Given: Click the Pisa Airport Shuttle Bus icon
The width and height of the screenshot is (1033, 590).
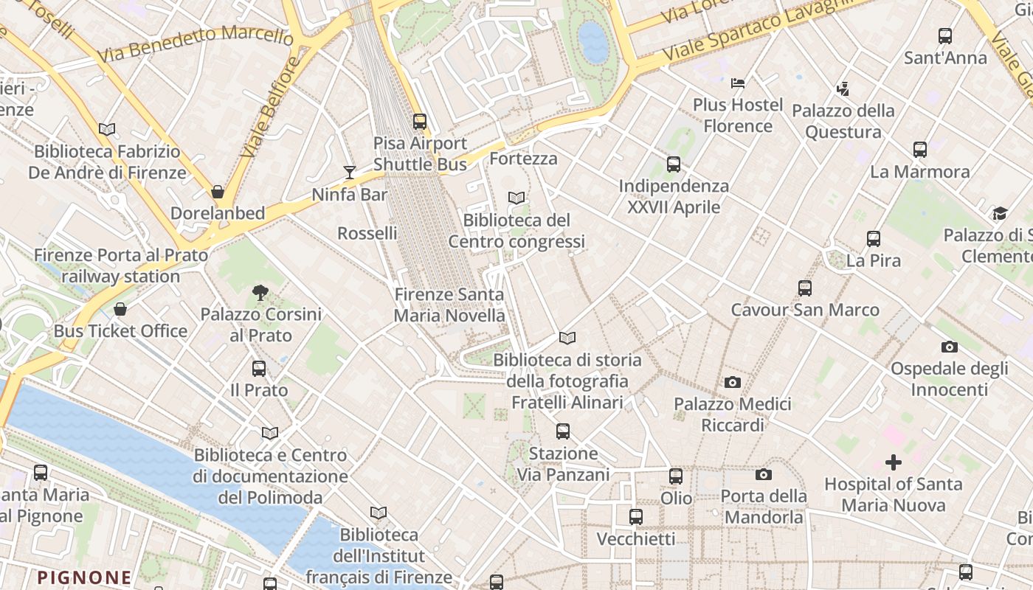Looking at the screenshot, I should tap(420, 121).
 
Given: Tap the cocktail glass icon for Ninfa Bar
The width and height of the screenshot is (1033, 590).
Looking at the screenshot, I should tap(350, 172).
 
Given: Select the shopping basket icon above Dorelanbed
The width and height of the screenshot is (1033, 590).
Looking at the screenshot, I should tap(218, 192).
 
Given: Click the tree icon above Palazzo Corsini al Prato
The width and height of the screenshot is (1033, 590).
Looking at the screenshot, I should tap(260, 293).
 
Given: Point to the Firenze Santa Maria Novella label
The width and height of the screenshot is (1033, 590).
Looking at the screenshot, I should tap(449, 305).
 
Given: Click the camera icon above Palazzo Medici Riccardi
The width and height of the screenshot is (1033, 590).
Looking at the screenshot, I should tap(732, 382).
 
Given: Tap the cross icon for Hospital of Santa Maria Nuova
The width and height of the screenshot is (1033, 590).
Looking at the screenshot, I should tap(894, 462).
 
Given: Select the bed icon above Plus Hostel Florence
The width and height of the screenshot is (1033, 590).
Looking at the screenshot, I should tap(738, 83).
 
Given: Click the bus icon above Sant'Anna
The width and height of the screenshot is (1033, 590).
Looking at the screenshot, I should tap(945, 35).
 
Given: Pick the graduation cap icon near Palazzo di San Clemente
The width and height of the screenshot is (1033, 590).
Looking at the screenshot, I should tap(1000, 213).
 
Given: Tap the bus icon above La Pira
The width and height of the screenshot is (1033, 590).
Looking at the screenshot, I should tap(874, 238).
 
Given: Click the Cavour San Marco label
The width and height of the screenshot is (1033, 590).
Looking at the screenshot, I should tap(805, 310).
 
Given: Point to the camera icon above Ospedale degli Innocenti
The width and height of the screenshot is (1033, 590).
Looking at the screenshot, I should tap(949, 347).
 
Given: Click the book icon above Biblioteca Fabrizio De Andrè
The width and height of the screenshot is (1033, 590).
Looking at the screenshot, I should tap(107, 129).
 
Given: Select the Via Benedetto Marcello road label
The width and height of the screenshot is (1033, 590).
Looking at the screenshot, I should tap(195, 44).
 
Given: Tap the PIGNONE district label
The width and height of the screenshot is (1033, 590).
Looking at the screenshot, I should tap(84, 577).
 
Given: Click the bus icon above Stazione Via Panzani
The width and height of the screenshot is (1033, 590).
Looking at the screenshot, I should tap(563, 431).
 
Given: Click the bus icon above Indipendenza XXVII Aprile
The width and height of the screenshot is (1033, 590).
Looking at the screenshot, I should tap(674, 164).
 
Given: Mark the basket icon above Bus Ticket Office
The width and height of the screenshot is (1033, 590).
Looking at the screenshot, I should tap(120, 308).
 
